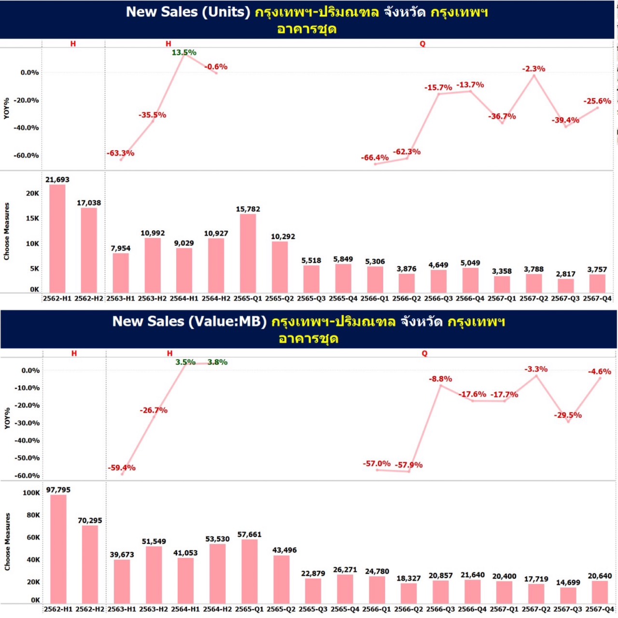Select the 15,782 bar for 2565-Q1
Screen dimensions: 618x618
point(248,253)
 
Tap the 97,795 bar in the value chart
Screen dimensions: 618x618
point(58,549)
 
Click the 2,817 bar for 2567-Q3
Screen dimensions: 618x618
point(565,286)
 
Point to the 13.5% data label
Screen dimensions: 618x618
point(184,53)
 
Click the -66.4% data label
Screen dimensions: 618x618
point(375,157)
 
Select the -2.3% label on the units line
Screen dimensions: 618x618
point(534,69)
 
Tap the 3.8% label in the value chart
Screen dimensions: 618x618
point(217,362)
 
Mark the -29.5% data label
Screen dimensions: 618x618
point(568,415)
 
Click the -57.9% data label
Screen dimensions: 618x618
point(409,465)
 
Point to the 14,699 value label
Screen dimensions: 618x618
point(568,582)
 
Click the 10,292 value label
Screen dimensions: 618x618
point(283,237)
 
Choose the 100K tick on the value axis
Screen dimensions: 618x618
point(31,493)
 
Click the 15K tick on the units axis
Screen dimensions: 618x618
point(33,218)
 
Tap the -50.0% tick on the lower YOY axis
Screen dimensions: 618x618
point(27,458)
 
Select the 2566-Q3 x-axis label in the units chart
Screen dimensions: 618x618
point(438,298)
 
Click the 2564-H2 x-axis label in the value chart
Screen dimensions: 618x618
point(217,609)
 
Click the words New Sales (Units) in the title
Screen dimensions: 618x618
point(188,12)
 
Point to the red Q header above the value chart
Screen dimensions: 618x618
point(424,353)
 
